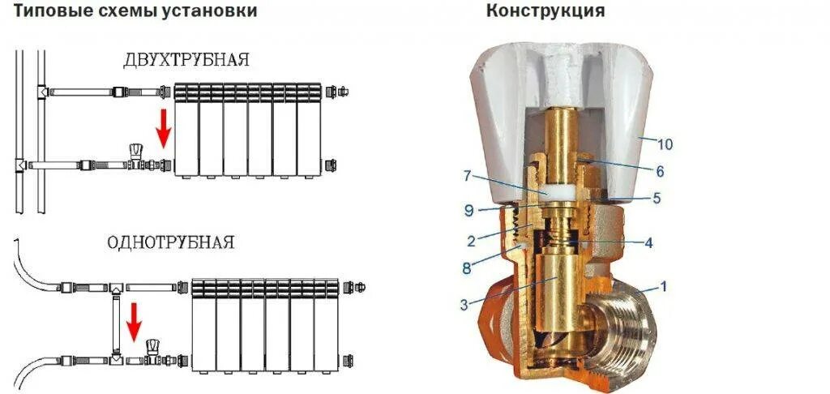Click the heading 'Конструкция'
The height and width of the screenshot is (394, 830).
coord(545,11)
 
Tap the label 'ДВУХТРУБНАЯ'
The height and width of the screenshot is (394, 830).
coord(186,61)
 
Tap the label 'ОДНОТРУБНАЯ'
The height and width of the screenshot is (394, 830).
coord(171,243)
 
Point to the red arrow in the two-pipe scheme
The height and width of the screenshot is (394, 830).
coord(164,128)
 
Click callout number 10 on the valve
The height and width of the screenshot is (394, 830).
coord(665,145)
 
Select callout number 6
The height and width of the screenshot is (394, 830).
coord(660,173)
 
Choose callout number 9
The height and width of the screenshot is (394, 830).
coord(468,208)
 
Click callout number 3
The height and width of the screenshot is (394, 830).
coord(464,304)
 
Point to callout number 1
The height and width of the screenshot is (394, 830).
coord(664,287)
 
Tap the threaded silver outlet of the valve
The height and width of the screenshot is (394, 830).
coord(623,332)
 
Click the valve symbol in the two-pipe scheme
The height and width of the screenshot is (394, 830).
coord(137,157)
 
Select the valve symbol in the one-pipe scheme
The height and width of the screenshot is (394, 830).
coord(152,351)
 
